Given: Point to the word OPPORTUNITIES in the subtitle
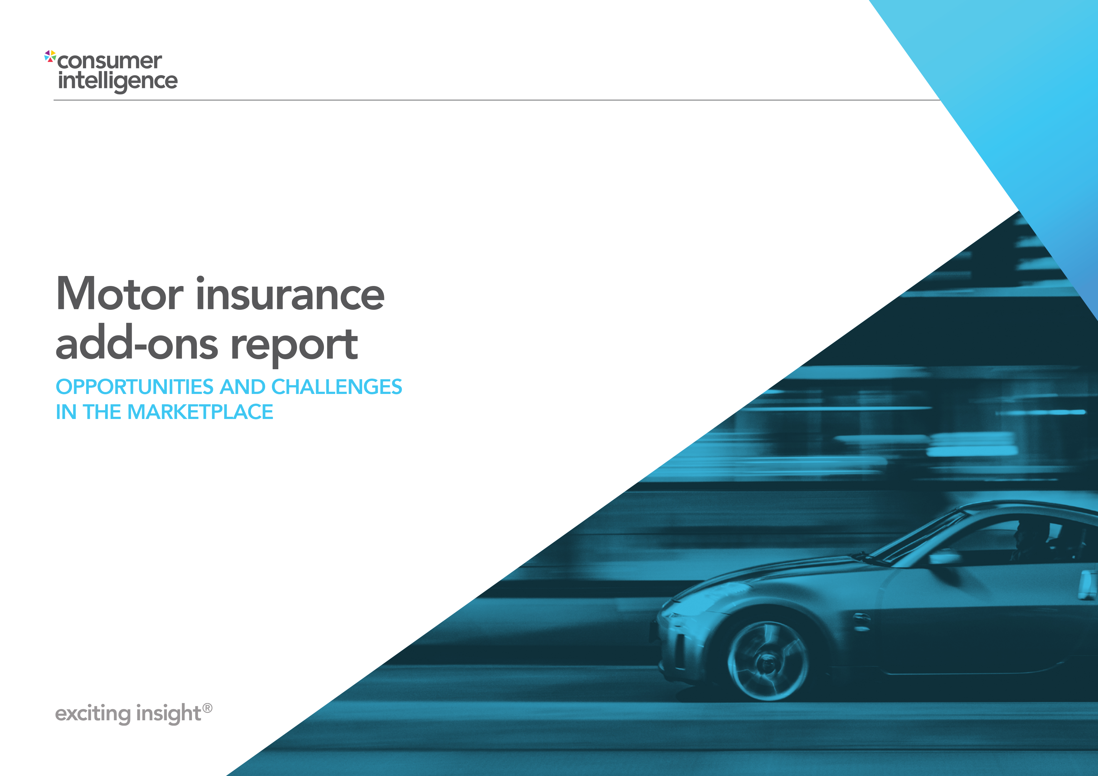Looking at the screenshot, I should pos(134,387).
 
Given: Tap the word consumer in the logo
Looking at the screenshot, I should pos(110,61).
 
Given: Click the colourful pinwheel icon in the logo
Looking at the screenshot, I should pos(50,56).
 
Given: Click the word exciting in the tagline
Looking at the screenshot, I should pos(93,713).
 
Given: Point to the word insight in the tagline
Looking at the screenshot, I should pos(168,713).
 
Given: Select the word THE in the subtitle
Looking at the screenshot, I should pos(102,412).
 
